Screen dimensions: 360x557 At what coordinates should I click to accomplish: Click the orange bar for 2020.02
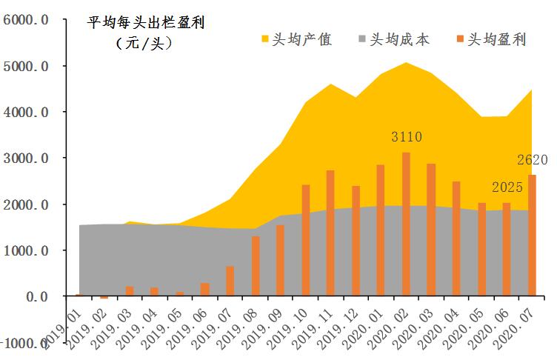[x=406, y=224]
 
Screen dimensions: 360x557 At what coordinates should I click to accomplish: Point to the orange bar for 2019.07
[x=230, y=281]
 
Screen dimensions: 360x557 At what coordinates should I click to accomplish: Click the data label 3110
[x=407, y=137]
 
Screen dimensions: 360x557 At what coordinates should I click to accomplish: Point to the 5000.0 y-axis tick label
[x=27, y=66]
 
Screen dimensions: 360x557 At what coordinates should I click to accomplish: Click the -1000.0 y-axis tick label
[x=25, y=342]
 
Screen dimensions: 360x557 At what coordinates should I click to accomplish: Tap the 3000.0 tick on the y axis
[x=27, y=158]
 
